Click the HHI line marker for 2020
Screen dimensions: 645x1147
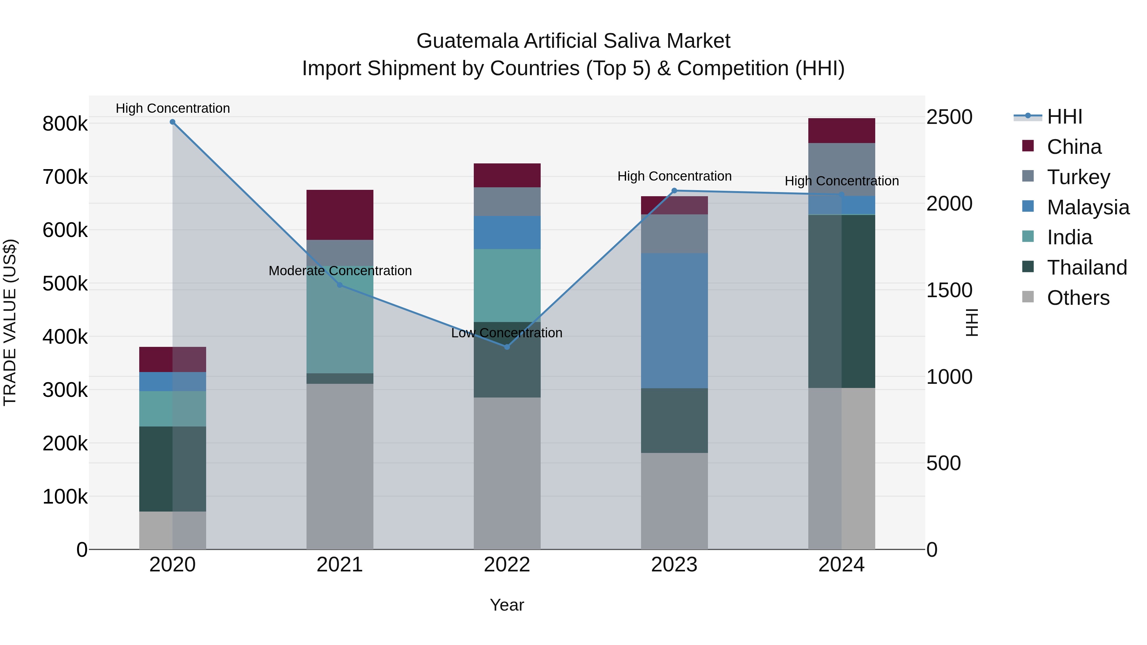point(172,122)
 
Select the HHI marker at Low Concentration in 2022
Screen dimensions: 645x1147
point(507,347)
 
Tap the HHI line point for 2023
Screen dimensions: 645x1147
point(674,190)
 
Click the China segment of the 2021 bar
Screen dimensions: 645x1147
point(340,215)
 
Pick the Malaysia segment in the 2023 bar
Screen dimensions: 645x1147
point(674,320)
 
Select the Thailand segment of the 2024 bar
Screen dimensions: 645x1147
point(841,301)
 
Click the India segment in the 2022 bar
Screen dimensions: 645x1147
point(507,285)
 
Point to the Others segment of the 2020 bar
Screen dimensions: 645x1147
point(172,530)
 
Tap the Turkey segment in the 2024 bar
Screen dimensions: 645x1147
point(841,169)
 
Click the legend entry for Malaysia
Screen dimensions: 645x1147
point(1088,207)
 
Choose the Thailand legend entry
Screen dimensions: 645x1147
point(1086,268)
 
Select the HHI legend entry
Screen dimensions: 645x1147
point(1064,117)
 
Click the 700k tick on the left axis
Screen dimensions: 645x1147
point(65,177)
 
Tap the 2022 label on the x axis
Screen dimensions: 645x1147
point(507,565)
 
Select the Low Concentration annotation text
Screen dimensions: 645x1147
point(507,333)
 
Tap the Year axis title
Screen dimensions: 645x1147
point(507,605)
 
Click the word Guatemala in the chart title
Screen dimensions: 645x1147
point(467,41)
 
